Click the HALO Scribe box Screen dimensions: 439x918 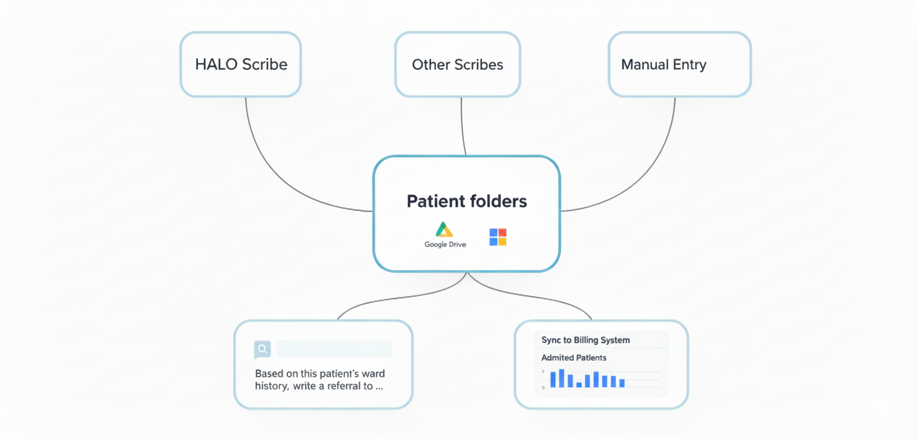(241, 65)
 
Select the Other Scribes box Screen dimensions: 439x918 (457, 65)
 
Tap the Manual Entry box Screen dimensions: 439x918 (679, 65)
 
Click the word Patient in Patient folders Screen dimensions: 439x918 (437, 201)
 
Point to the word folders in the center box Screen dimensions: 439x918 (498, 201)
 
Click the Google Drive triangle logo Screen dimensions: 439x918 (445, 229)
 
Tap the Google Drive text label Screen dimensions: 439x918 (445, 244)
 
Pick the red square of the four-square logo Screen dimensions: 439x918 (503, 233)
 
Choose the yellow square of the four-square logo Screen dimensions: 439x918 (503, 241)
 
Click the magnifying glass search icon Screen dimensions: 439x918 (263, 349)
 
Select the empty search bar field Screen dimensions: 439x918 (334, 349)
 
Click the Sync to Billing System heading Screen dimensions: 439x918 (585, 340)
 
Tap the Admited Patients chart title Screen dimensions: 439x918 (574, 358)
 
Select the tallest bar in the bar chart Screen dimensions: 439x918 (561, 379)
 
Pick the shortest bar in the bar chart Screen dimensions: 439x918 (579, 385)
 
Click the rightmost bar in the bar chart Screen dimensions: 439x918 (622, 383)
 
